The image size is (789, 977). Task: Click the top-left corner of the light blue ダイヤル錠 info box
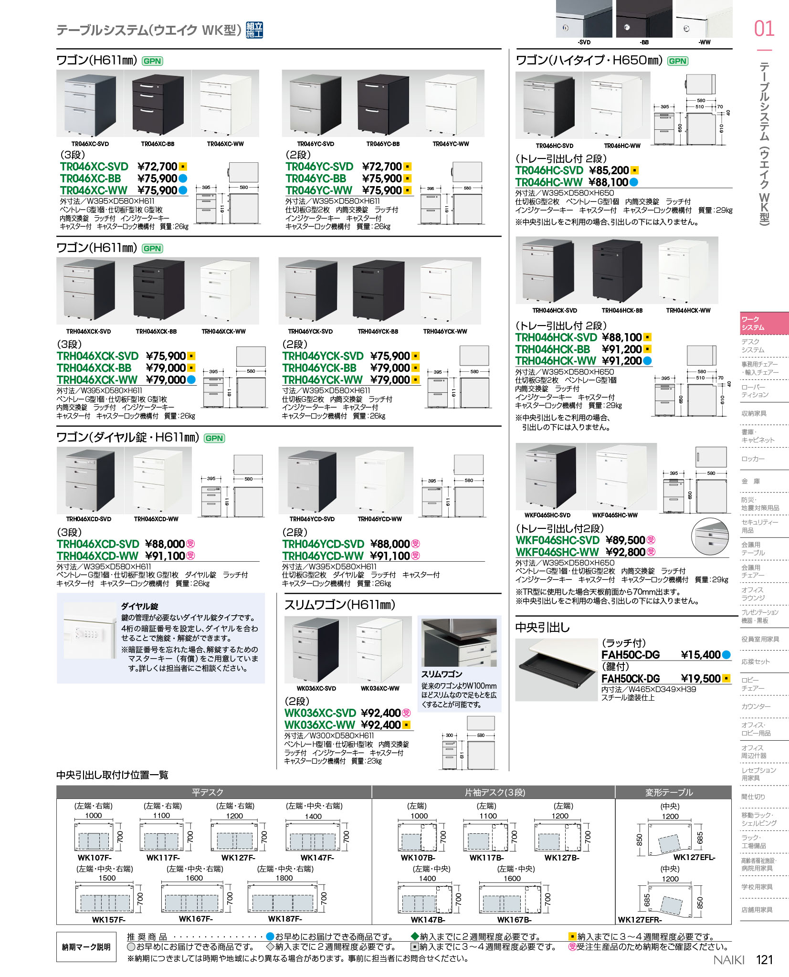click(x=57, y=593)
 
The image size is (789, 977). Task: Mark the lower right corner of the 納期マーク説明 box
click(x=115, y=962)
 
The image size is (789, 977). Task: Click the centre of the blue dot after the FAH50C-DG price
click(x=726, y=655)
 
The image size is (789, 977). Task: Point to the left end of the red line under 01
click(x=757, y=50)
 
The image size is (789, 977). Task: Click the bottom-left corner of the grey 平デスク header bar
click(x=57, y=798)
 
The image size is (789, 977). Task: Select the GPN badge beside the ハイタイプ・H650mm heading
click(x=677, y=61)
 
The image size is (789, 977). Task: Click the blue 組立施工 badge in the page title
click(x=254, y=30)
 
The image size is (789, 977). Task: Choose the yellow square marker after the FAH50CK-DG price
click(x=726, y=678)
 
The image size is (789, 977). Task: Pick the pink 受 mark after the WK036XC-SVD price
click(x=406, y=713)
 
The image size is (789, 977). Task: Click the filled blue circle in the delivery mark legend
click(x=270, y=937)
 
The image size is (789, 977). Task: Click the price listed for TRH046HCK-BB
click(x=621, y=349)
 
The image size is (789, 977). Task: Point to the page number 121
click(x=764, y=959)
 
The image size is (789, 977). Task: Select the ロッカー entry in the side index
click(x=753, y=459)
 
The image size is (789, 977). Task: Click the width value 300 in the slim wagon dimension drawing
click(x=449, y=735)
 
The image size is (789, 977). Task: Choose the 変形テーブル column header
click(x=669, y=792)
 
